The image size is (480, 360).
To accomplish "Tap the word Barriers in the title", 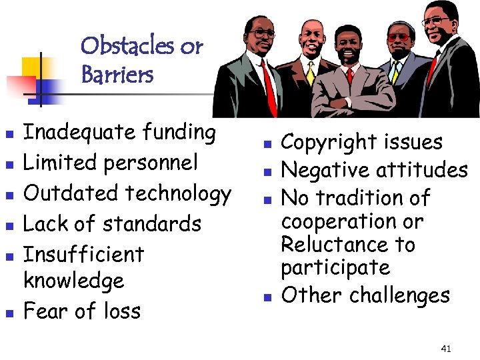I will click(117, 75).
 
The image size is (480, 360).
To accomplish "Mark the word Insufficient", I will click(83, 253).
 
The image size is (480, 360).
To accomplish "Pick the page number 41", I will click(446, 348).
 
